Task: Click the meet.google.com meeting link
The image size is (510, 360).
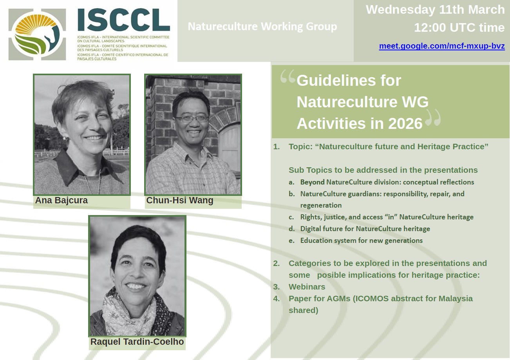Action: click(x=441, y=46)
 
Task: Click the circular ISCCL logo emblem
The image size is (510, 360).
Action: click(x=37, y=34)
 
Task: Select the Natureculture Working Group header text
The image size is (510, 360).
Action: click(x=262, y=27)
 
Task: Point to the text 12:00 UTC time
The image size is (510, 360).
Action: click(x=459, y=28)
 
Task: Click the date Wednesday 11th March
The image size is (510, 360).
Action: click(x=435, y=10)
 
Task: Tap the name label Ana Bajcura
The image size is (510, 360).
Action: click(x=61, y=201)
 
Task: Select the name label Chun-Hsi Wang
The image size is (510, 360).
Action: click(x=180, y=201)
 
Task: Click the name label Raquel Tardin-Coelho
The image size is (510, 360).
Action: click(x=137, y=342)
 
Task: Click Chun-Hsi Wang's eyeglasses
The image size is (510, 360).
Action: click(x=192, y=118)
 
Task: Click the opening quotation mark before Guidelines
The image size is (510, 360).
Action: click(x=288, y=78)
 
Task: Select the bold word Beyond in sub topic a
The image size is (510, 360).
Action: click(x=312, y=182)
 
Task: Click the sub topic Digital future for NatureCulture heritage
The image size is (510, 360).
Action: click(x=365, y=229)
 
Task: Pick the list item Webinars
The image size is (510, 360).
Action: click(x=307, y=287)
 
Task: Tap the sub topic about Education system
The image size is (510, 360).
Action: click(x=361, y=241)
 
